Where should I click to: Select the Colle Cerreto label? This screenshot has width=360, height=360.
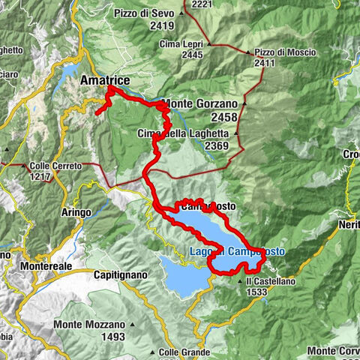(56, 166)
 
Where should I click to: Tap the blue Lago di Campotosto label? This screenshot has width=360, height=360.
(236, 252)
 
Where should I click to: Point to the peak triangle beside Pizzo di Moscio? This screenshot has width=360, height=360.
(248, 52)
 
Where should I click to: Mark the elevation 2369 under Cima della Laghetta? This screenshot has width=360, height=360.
(217, 145)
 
